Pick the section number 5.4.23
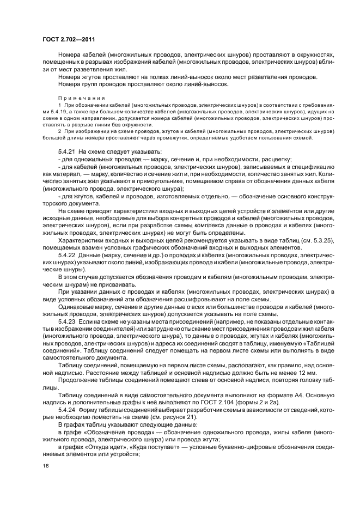(67, 321)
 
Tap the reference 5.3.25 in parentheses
(306, 240)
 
